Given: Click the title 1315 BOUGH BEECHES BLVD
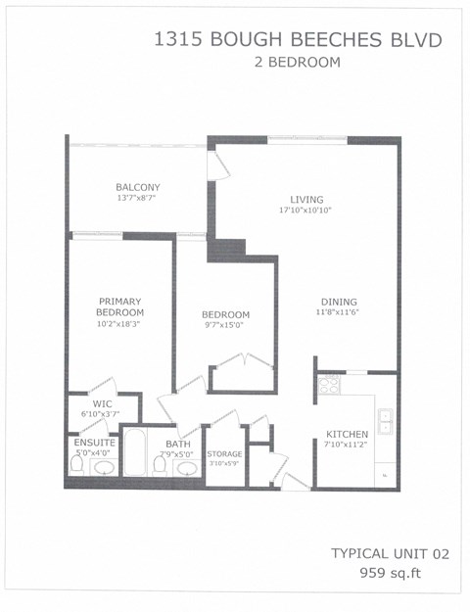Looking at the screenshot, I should pos(298,40).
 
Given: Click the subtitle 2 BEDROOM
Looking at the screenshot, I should pos(297,63).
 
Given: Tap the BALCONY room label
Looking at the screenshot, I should pos(137,187).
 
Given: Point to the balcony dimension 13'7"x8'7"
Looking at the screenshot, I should pos(137,198).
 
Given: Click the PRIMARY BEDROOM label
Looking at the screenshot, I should pos(121,306).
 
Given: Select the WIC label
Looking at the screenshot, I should pos(102,403).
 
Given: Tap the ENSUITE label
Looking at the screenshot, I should pos(95,443).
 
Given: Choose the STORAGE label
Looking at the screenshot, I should pos(224,454).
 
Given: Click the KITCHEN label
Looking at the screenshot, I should pos(347,434).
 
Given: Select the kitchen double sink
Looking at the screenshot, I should pos(386,422).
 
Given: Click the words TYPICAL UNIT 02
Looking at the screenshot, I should pos(390,553).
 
